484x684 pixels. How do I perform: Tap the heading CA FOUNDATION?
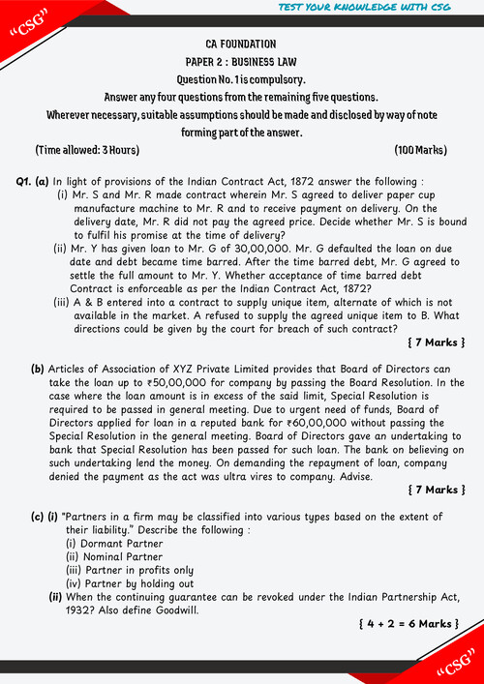coord(241,45)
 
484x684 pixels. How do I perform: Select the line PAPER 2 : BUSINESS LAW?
coord(241,61)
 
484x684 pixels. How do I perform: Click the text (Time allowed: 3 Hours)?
coord(87,150)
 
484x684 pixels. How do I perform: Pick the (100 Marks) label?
coord(420,150)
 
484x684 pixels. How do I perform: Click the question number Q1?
coord(25,181)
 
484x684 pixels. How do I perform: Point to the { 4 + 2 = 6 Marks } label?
coord(408,624)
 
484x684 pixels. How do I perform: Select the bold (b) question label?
coord(38,369)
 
